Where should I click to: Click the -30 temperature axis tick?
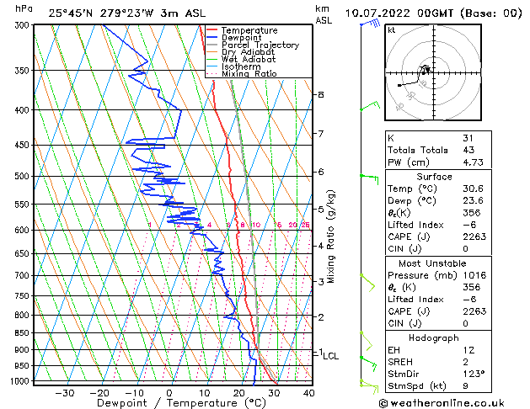[64, 392]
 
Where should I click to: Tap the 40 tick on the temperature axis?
[308, 392]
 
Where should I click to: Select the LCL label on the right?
[330, 356]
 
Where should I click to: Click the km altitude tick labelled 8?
[320, 94]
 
